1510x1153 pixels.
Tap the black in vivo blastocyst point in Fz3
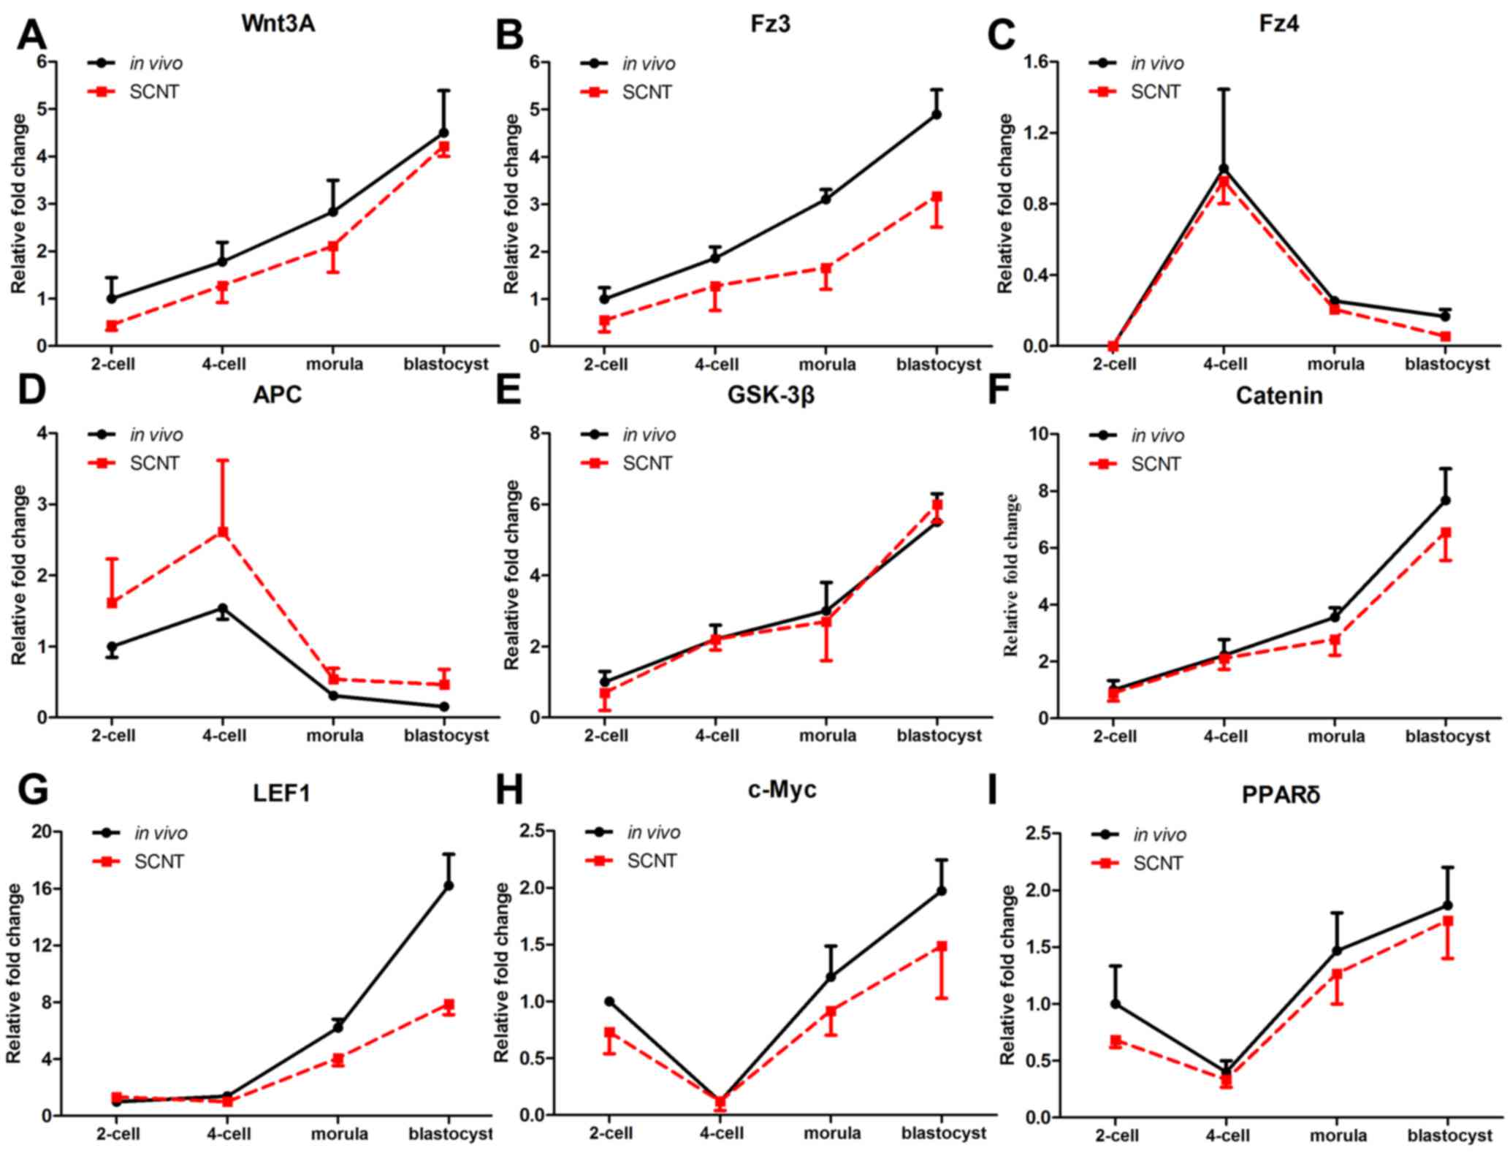937,114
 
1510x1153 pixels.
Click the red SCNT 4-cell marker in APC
223,532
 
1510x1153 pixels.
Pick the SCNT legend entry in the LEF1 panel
159,861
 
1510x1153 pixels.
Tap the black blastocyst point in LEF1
449,886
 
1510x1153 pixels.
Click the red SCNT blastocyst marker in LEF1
449,1005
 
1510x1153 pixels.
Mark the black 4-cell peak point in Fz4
1224,169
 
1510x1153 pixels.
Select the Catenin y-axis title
1013,575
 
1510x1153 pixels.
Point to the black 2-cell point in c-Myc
609,1001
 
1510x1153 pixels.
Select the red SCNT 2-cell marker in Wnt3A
112,326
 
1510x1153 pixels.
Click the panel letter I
992,791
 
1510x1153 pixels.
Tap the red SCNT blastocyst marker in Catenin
1445,533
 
